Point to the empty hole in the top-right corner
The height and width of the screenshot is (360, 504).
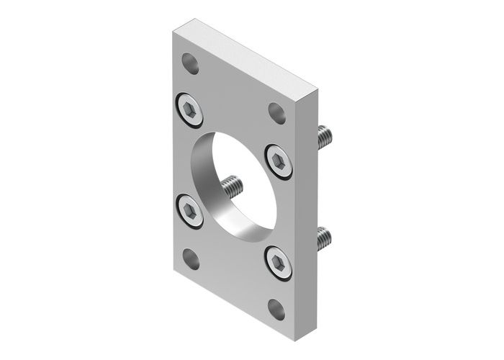[277, 112]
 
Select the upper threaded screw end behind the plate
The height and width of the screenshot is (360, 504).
[324, 135]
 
